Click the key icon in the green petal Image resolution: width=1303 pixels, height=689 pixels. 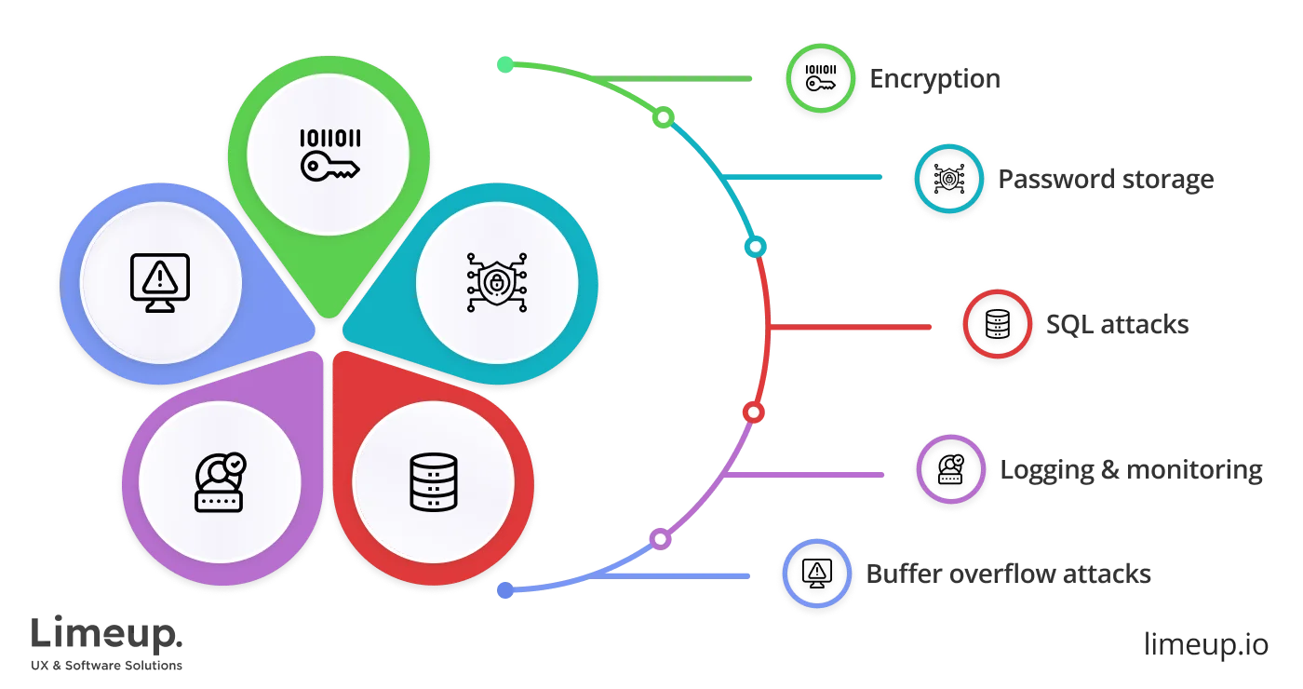point(329,155)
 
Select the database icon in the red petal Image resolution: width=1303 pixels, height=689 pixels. point(434,481)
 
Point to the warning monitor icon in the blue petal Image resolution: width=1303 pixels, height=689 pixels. point(160,282)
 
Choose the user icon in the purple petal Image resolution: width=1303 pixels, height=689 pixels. point(220,481)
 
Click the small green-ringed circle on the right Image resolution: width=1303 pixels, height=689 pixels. point(820,80)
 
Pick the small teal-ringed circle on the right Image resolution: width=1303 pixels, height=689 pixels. point(949,181)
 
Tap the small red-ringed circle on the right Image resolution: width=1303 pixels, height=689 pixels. point(997,324)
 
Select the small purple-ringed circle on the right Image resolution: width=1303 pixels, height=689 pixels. point(949,470)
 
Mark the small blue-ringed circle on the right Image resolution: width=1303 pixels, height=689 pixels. point(816,574)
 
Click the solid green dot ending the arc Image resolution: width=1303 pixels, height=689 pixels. point(504,64)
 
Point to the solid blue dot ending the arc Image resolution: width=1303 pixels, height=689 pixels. point(505,590)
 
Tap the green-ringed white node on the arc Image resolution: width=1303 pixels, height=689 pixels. point(664,117)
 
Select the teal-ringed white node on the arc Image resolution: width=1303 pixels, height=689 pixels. point(756,247)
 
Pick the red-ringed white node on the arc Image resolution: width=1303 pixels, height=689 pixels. point(753,412)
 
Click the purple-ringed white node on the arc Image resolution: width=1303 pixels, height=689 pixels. point(659,538)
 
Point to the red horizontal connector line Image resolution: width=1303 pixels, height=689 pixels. point(852,327)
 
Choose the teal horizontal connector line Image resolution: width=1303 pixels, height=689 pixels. point(805,177)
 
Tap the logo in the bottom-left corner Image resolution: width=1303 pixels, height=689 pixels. point(107,642)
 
